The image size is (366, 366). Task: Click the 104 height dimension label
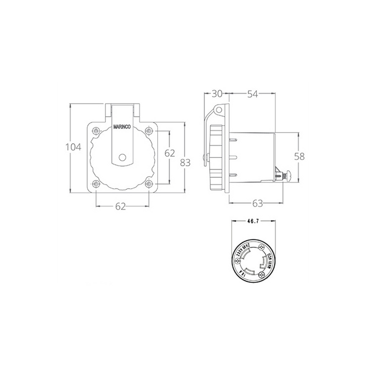pyautogui.click(x=73, y=147)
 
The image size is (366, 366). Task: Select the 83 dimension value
pyautogui.click(x=185, y=162)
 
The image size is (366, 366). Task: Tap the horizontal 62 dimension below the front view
pyautogui.click(x=121, y=207)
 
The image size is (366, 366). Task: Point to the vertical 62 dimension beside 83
pyautogui.click(x=169, y=153)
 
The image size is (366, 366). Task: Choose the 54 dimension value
pyautogui.click(x=253, y=94)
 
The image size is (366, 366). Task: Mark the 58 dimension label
pyautogui.click(x=299, y=156)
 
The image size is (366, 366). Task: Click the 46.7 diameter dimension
pyautogui.click(x=253, y=222)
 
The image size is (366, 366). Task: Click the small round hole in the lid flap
pyautogui.click(x=123, y=157)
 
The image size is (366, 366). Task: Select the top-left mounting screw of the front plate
pyautogui.click(x=96, y=129)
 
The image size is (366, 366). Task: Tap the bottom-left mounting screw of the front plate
pyautogui.click(x=96, y=184)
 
